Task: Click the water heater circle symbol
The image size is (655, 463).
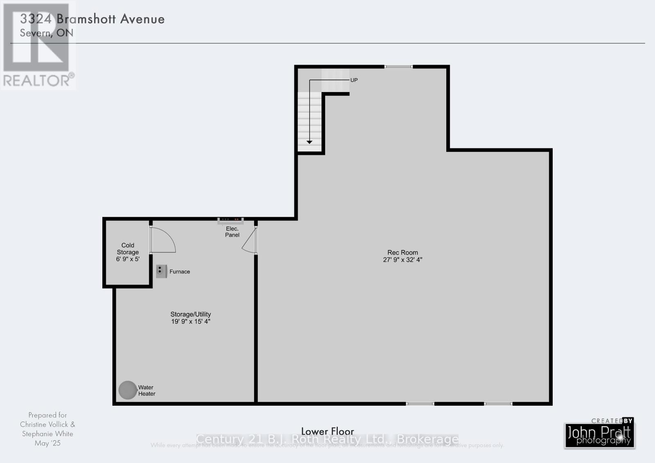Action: pyautogui.click(x=127, y=390)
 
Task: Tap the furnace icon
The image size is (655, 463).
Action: pyautogui.click(x=161, y=271)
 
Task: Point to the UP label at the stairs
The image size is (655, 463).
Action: pyautogui.click(x=354, y=80)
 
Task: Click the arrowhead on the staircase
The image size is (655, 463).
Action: pyautogui.click(x=309, y=142)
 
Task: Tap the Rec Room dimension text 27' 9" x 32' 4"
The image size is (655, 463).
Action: pyautogui.click(x=402, y=260)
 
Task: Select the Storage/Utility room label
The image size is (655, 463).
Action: pyautogui.click(x=191, y=314)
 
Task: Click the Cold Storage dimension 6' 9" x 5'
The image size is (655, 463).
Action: pyautogui.click(x=128, y=259)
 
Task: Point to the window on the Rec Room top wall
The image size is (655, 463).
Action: pyautogui.click(x=398, y=66)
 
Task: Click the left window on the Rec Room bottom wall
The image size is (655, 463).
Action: pyautogui.click(x=420, y=404)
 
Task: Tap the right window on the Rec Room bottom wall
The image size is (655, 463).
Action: pyautogui.click(x=498, y=404)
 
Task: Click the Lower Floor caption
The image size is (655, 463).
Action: pyautogui.click(x=327, y=431)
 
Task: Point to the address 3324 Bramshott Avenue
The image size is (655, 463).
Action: pyautogui.click(x=93, y=19)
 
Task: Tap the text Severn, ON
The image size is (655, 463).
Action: pyautogui.click(x=47, y=33)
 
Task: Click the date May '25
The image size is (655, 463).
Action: pyautogui.click(x=47, y=443)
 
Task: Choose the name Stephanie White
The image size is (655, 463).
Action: pyautogui.click(x=47, y=434)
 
